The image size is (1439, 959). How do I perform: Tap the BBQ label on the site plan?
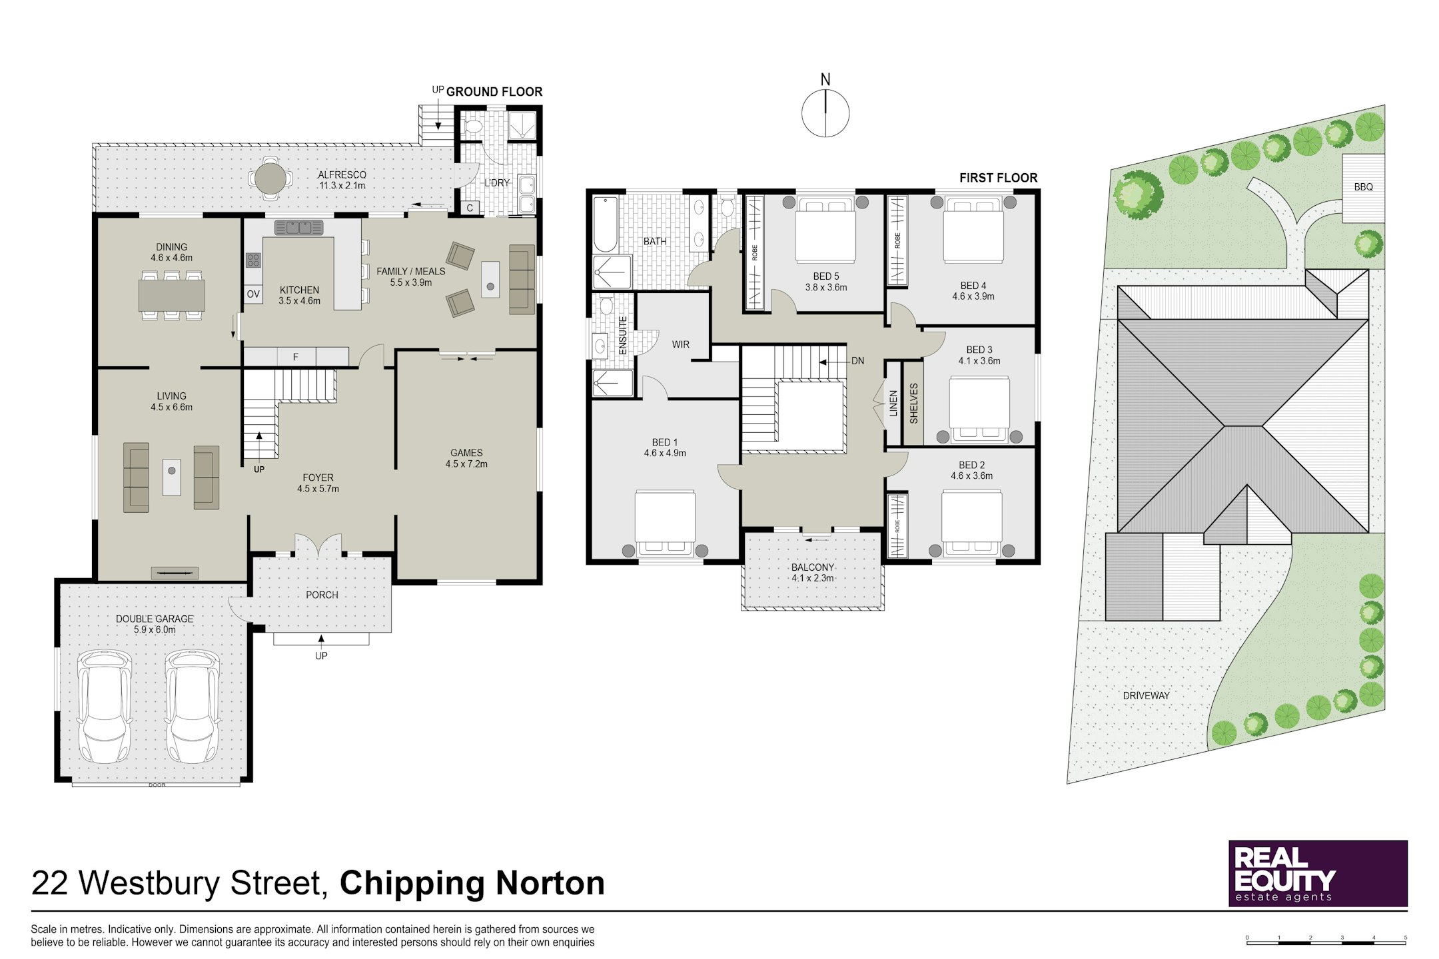[1363, 187]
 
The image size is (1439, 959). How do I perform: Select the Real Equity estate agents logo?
[1318, 873]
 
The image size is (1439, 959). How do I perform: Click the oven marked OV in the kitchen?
[253, 294]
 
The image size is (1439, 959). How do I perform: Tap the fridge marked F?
[296, 357]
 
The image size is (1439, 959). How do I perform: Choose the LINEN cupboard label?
[893, 404]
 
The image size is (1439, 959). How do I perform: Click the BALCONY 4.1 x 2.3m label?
[812, 573]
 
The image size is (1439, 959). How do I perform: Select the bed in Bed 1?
[665, 523]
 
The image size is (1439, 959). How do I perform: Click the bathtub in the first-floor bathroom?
[606, 224]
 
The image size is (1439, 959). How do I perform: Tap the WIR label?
[680, 344]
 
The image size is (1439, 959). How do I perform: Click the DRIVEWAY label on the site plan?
[1146, 695]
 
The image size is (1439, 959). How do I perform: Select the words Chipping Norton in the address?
[472, 883]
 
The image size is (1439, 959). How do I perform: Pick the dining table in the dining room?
[172, 295]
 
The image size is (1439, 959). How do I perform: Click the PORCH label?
[322, 595]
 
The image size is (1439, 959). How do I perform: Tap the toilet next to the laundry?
[474, 126]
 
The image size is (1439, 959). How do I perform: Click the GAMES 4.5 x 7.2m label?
[466, 458]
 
